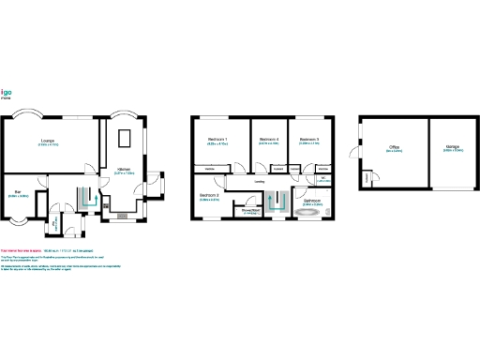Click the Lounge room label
47,142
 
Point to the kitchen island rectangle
126,139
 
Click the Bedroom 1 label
218,140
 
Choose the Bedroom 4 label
268,140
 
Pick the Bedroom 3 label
309,140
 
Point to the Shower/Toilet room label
250,211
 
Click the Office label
395,147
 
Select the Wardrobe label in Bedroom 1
211,168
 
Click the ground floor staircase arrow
87,197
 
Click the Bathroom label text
311,201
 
